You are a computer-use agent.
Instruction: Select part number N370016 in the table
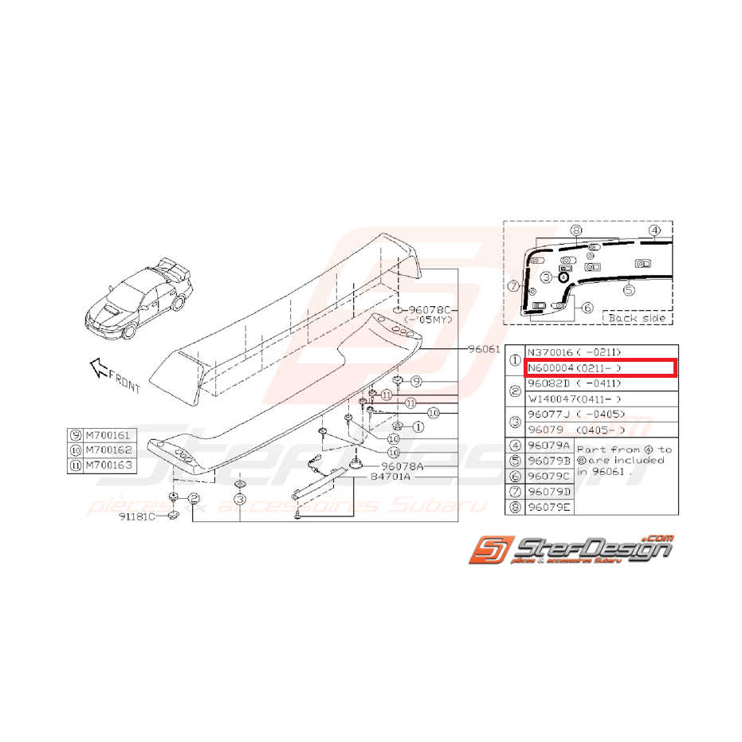[552, 351]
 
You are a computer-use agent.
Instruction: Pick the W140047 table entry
[553, 398]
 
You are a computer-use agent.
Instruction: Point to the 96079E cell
[548, 507]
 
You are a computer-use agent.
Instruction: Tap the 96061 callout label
[484, 348]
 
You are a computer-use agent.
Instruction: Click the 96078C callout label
[430, 309]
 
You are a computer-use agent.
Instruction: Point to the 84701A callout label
[390, 477]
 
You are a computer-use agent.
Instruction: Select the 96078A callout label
[402, 465]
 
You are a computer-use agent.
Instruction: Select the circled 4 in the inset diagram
[654, 232]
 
